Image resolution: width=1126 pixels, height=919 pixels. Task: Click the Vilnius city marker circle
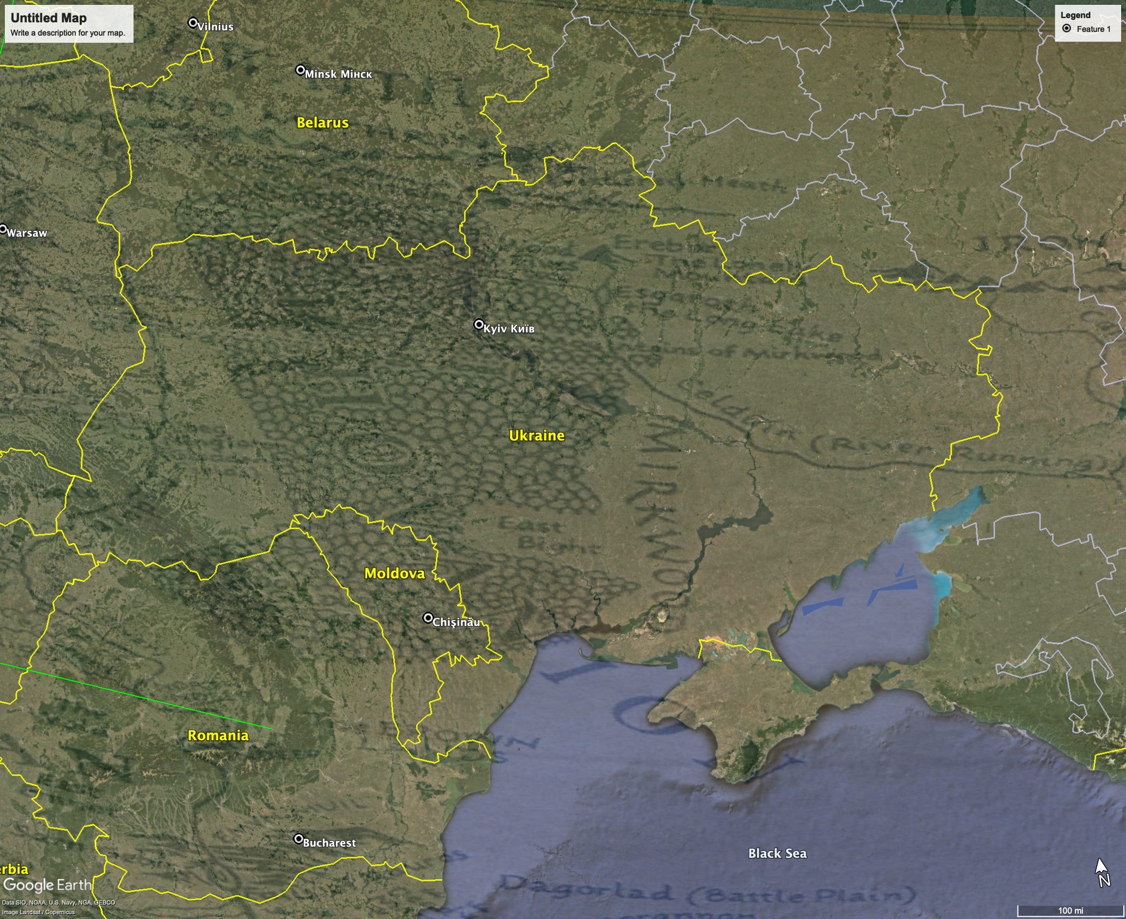click(193, 23)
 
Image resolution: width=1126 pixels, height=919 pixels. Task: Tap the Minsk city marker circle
click(301, 70)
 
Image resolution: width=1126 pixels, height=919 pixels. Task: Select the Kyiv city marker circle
click(479, 324)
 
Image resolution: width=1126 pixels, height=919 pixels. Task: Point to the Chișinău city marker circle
click(428, 617)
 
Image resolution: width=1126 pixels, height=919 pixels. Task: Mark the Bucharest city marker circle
click(299, 839)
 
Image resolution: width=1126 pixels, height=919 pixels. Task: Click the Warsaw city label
click(27, 233)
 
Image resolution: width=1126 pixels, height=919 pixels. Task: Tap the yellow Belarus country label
click(322, 123)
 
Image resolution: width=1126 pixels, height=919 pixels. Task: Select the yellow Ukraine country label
click(536, 436)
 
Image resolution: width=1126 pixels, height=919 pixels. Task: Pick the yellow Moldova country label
click(394, 573)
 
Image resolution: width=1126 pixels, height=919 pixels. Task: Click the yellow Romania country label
click(218, 736)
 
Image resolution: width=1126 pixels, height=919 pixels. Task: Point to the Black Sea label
click(777, 853)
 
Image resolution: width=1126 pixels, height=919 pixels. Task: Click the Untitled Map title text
click(48, 18)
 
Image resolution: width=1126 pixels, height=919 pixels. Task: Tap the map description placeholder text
click(68, 33)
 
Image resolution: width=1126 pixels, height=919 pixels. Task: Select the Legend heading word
click(1075, 15)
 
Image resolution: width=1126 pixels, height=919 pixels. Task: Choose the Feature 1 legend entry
click(1093, 29)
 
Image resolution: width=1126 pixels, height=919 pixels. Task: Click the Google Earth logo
click(47, 885)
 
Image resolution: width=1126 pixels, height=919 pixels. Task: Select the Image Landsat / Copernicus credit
click(38, 912)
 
